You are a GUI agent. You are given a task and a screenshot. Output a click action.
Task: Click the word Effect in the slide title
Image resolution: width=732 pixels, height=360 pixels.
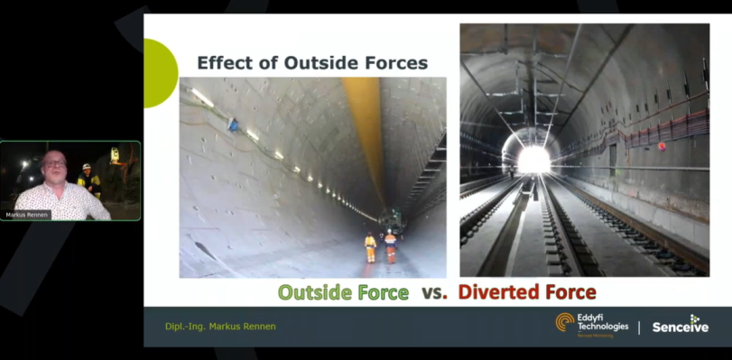[225, 63]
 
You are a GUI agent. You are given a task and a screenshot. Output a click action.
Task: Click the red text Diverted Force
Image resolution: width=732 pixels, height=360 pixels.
[526, 292]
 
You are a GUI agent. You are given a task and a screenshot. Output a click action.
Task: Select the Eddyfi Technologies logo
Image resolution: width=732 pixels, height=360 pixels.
[591, 325]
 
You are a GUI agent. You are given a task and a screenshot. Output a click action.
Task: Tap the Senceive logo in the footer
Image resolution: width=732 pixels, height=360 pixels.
[681, 326]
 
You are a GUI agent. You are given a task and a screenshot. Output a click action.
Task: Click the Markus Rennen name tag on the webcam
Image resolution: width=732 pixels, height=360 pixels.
[26, 215]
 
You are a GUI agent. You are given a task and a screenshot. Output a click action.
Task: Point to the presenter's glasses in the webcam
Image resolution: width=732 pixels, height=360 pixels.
[55, 163]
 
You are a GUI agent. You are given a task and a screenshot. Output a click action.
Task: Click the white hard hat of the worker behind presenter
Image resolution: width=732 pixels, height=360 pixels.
[87, 167]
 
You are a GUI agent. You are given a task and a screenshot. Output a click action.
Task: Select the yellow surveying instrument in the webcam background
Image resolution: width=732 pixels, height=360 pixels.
[115, 155]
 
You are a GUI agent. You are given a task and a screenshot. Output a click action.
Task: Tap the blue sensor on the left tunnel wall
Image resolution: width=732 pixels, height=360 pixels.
[234, 125]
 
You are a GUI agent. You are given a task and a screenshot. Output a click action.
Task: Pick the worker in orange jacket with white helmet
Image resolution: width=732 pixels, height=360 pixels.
[390, 245]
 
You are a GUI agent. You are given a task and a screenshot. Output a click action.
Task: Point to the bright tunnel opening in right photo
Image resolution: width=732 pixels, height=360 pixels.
[533, 160]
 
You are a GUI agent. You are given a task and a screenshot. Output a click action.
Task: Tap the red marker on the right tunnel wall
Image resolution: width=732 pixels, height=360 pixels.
[661, 145]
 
